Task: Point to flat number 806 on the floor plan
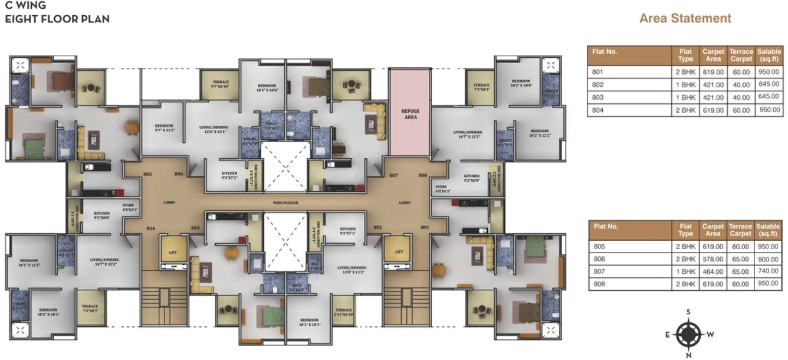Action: pyautogui.click(x=179, y=174)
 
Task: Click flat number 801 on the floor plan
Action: pyautogui.click(x=424, y=227)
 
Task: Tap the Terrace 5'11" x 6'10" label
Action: pyautogui.click(x=343, y=312)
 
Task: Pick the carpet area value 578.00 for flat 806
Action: pyautogui.click(x=713, y=259)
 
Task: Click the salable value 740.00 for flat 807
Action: pyautogui.click(x=768, y=271)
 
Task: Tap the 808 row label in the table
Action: pyautogui.click(x=597, y=284)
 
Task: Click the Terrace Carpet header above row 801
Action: pyautogui.click(x=740, y=55)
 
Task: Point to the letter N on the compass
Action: pyautogui.click(x=688, y=355)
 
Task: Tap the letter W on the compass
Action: pyautogui.click(x=711, y=335)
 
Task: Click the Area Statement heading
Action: pyautogui.click(x=685, y=18)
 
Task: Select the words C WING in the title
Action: pyautogui.click(x=26, y=6)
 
